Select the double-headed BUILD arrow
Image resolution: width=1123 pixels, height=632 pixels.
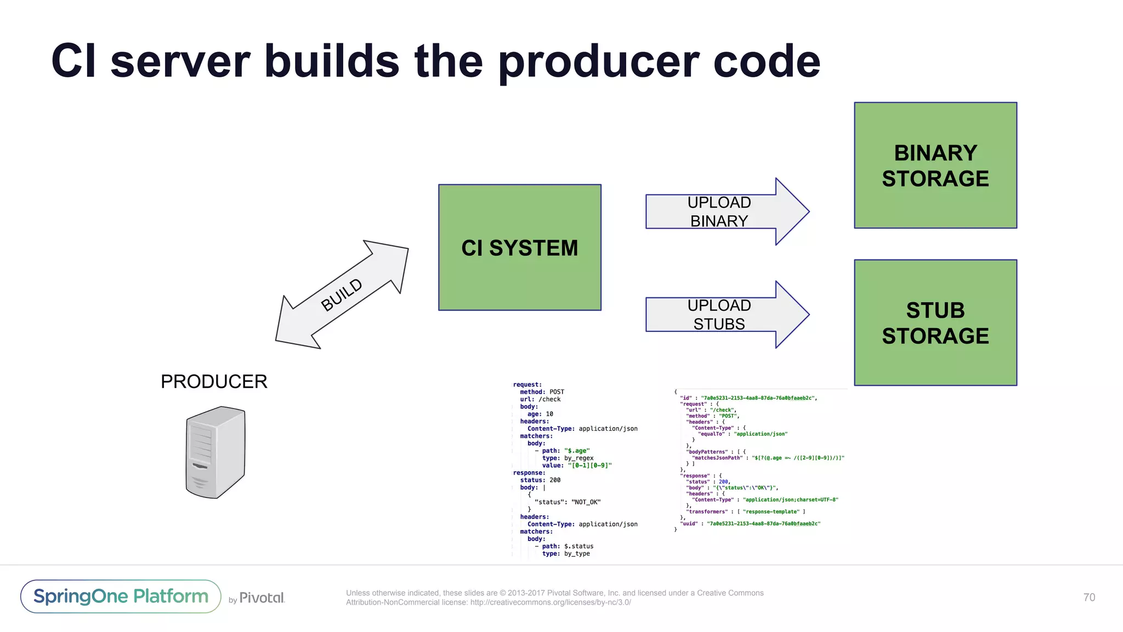pyautogui.click(x=342, y=295)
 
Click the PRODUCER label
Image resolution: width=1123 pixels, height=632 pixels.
pyautogui.click(x=214, y=381)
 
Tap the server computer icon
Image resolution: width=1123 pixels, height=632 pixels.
pyautogui.click(x=215, y=453)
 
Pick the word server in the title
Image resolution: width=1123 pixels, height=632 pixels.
pyautogui.click(x=180, y=61)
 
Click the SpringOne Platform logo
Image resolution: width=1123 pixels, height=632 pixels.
pyautogui.click(x=121, y=596)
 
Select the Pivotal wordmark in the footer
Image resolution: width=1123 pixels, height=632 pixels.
pyautogui.click(x=262, y=597)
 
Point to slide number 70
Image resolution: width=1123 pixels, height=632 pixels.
pyautogui.click(x=1089, y=597)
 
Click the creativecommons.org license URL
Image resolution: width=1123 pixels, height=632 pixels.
pyautogui.click(x=550, y=602)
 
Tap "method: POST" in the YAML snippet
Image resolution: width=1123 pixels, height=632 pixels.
pyautogui.click(x=542, y=392)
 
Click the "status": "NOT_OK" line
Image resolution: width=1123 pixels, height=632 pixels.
pyautogui.click(x=568, y=502)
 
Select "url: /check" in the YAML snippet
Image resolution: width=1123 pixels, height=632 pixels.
pyautogui.click(x=540, y=399)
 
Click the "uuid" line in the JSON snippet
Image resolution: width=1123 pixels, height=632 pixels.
pyautogui.click(x=750, y=523)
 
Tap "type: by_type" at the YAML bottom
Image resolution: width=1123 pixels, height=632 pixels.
pyautogui.click(x=566, y=554)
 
